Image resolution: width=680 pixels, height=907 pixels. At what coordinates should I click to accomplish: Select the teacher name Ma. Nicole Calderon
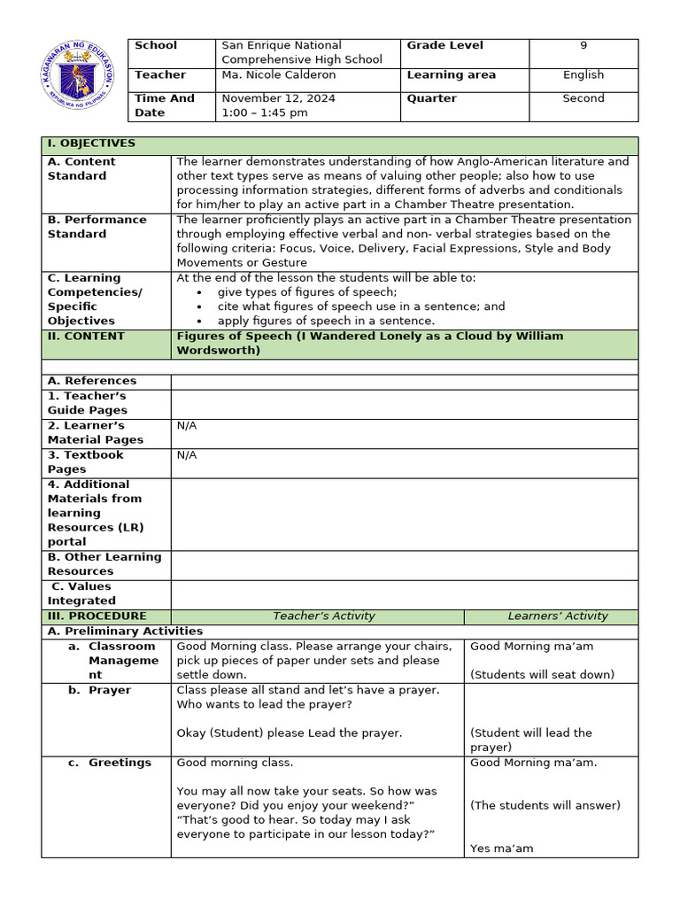[278, 75]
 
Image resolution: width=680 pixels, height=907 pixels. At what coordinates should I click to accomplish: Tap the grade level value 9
[583, 46]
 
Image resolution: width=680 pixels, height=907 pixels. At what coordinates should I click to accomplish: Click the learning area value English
[583, 75]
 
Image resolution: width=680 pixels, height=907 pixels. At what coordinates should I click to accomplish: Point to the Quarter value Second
[583, 99]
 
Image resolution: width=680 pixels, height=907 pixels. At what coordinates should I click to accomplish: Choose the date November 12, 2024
[278, 99]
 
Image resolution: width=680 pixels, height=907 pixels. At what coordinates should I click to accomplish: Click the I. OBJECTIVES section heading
[92, 143]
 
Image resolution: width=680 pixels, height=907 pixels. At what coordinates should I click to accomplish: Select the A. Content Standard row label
[81, 168]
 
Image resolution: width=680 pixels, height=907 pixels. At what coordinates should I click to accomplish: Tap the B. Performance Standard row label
[97, 227]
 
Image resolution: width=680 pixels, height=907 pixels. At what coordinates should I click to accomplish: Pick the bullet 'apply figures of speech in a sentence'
[326, 321]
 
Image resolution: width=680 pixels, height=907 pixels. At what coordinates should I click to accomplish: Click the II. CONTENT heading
[86, 337]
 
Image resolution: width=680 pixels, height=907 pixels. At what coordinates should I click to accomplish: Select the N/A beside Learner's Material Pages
[187, 426]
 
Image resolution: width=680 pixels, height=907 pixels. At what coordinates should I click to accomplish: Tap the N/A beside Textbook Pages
[187, 455]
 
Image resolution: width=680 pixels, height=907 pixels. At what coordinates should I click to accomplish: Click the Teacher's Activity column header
[323, 616]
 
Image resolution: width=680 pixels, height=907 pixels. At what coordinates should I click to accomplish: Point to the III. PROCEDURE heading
[97, 616]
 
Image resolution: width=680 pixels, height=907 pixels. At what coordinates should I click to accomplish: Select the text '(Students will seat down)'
[542, 675]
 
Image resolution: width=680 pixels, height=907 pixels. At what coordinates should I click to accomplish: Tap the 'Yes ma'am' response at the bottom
[502, 849]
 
